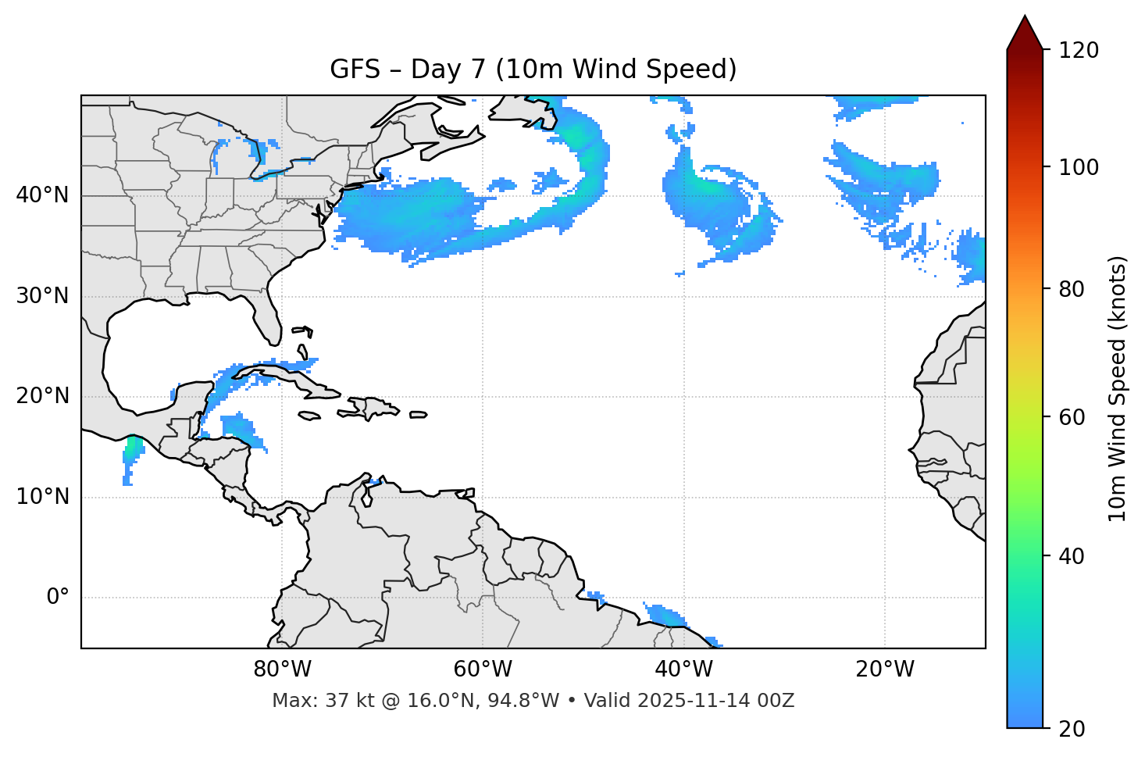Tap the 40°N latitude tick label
[x=42, y=195]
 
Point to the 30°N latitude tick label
[x=42, y=296]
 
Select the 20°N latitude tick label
[x=42, y=396]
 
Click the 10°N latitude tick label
[x=42, y=497]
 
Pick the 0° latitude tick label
[x=58, y=598]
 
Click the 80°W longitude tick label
[x=282, y=670]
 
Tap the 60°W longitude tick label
[x=483, y=670]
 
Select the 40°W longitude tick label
[x=683, y=670]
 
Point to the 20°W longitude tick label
[x=885, y=670]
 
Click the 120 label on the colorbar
[x=1079, y=50]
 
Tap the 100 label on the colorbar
[x=1079, y=167]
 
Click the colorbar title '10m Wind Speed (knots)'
[x=1118, y=388]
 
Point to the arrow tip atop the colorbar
[x=1025, y=17]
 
